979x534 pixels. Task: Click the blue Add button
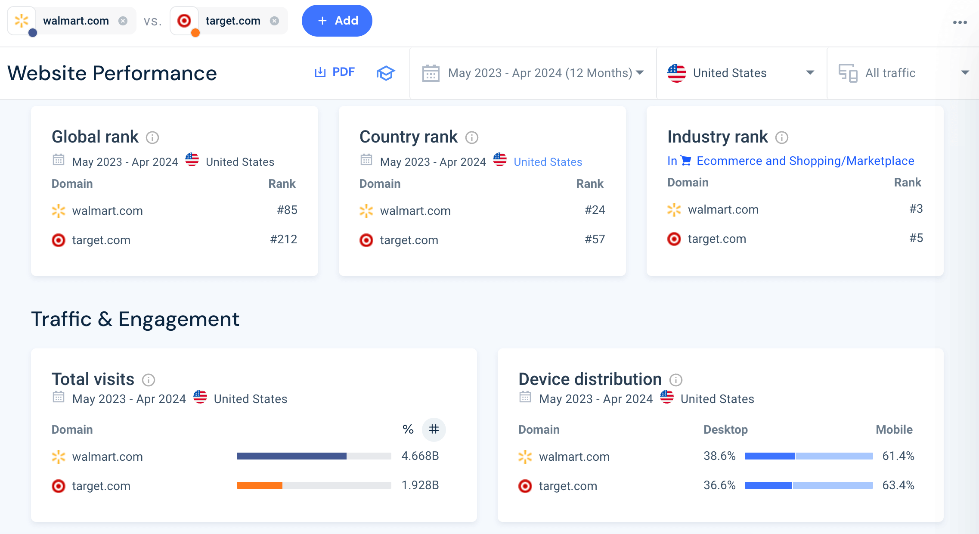coord(337,21)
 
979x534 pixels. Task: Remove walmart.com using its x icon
coord(123,21)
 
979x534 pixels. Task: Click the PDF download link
coord(335,72)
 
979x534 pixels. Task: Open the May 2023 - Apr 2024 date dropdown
coord(533,73)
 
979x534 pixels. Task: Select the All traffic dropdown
coord(903,73)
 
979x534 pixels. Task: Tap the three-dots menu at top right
coord(960,22)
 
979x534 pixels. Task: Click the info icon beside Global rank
coord(152,137)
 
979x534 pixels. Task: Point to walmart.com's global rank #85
coord(287,210)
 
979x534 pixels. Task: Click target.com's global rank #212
coord(283,239)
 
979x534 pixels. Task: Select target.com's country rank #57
coord(595,239)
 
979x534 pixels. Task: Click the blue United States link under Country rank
coord(548,162)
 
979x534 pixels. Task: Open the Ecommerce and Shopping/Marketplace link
coord(805,161)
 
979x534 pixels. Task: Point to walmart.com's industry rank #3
coord(916,209)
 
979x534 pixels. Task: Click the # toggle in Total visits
coord(434,429)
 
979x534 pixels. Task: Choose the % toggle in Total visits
coord(408,429)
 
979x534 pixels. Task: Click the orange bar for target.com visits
coord(260,485)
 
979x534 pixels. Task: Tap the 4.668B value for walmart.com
coord(420,456)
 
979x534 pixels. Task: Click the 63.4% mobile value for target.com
coord(898,485)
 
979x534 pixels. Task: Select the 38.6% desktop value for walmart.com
coord(719,456)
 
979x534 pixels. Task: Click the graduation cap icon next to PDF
coord(385,73)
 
